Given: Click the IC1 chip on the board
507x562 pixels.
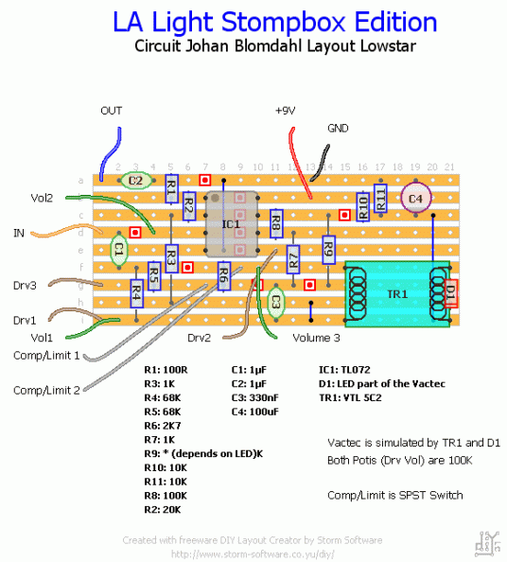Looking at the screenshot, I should (232, 224).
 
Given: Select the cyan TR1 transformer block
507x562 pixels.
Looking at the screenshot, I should (396, 293).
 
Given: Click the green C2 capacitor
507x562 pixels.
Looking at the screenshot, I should (135, 180).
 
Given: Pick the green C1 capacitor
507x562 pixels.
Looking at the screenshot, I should (119, 251).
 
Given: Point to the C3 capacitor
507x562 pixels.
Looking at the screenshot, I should (275, 302).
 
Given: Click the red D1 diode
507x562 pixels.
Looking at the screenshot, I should (450, 294).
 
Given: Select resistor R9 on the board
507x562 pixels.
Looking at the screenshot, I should (328, 250).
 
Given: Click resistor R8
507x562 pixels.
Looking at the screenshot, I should (275, 224).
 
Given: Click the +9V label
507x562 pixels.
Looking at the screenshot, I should (286, 111).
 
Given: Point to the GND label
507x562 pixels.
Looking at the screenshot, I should (338, 128).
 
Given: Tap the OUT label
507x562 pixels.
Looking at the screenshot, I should (111, 111).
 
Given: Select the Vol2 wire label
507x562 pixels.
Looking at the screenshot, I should (42, 198).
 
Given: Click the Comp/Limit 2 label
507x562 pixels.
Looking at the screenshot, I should (45, 390).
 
